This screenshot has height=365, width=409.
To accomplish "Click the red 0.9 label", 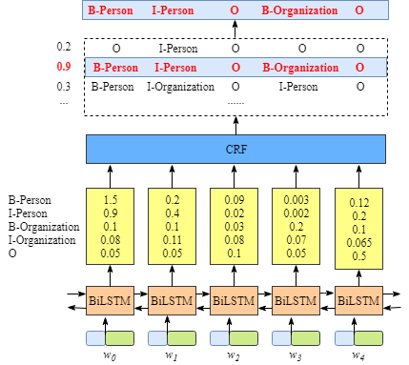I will (x=64, y=67).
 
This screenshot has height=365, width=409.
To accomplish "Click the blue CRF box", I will (x=235, y=150).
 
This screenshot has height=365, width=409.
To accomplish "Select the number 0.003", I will (x=295, y=200).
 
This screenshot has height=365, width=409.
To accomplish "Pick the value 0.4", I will (x=172, y=213).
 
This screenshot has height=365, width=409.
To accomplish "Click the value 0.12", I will (x=359, y=203).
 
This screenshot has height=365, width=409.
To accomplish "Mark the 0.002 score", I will (x=295, y=213).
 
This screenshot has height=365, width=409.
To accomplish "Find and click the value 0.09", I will (x=234, y=200).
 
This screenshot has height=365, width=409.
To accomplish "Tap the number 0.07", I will (x=295, y=240).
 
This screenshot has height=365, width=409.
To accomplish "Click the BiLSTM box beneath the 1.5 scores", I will (x=110, y=301).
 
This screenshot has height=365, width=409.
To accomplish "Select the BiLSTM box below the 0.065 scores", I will (x=358, y=302).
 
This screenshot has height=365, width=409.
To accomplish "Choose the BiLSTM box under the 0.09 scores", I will (x=234, y=301).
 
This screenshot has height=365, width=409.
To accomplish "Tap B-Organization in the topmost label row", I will (x=299, y=10).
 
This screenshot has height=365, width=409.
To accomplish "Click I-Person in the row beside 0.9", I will (x=175, y=68).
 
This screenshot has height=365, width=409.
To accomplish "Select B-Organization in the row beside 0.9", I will (x=300, y=68).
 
